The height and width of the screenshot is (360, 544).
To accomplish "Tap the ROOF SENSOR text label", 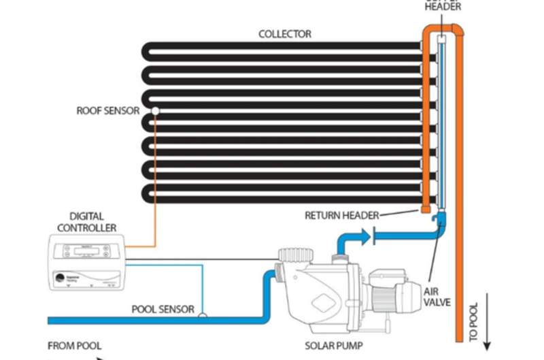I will coord(107,111).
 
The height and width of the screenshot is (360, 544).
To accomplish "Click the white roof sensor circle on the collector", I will coord(156,110).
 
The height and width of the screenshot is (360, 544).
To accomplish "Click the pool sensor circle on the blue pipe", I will coord(202,314).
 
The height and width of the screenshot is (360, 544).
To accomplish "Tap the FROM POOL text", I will coord(75,346).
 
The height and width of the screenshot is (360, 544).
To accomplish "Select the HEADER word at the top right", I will coord(443,7).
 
